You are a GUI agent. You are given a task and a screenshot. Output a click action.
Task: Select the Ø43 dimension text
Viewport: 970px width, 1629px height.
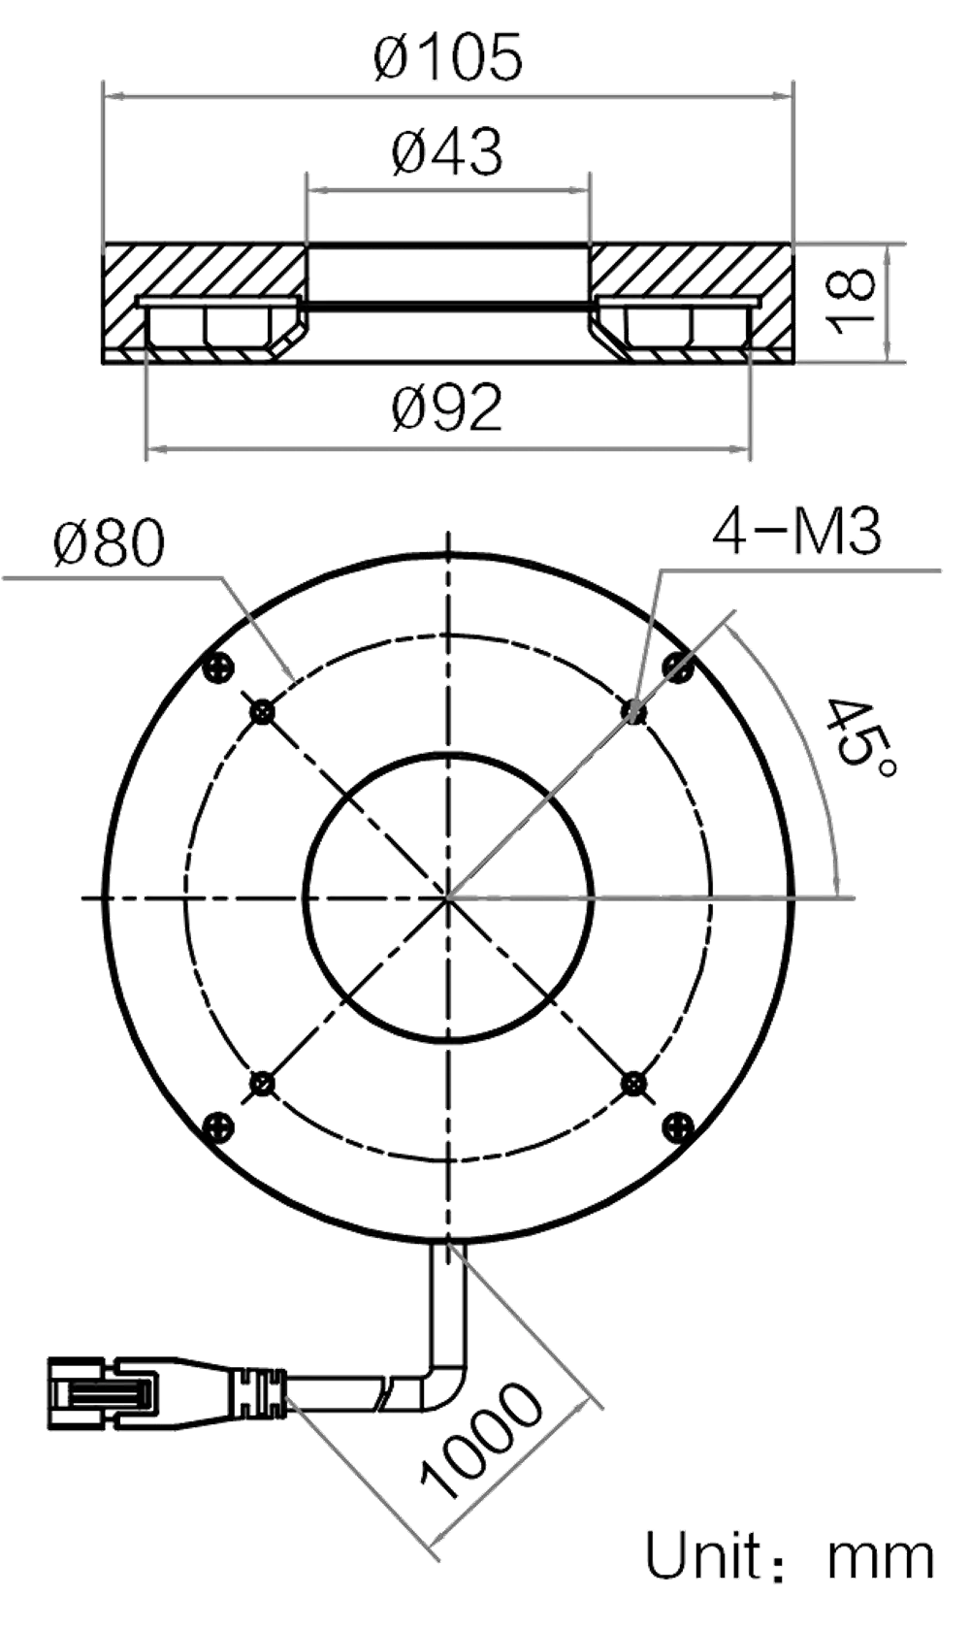click(447, 152)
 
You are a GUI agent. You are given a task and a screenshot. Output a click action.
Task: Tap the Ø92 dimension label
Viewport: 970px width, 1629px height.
click(447, 408)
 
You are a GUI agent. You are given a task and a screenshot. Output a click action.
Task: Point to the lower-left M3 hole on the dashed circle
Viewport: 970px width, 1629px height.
click(262, 1083)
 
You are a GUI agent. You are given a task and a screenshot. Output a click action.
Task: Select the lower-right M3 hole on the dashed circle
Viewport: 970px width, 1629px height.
click(633, 1083)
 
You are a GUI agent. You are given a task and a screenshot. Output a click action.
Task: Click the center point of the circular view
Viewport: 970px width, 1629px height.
click(448, 898)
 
